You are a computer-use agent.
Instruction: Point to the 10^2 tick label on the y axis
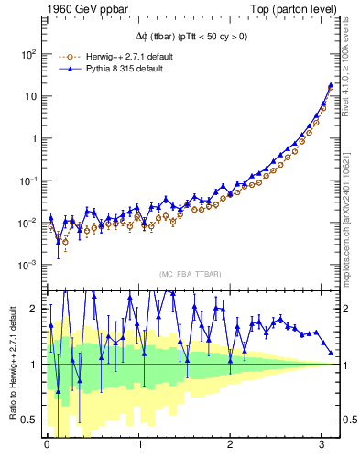[27, 54]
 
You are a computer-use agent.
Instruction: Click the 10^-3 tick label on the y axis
[27, 265]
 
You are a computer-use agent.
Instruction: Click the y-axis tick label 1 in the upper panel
[34, 138]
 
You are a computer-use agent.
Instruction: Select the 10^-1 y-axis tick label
[27, 180]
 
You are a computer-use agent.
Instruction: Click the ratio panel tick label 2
[34, 309]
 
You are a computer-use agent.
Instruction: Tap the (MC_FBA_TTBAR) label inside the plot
[191, 274]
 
